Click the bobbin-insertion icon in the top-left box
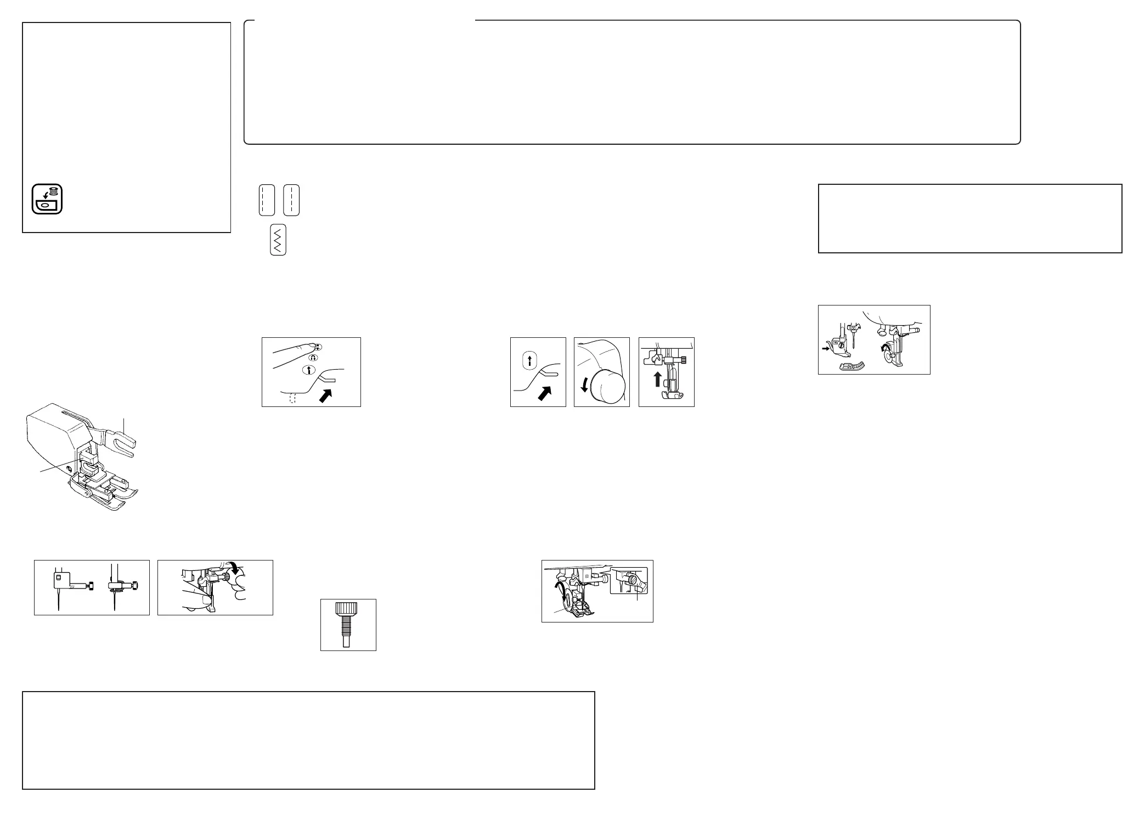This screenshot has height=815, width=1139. [47, 199]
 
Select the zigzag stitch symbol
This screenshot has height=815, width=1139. [278, 240]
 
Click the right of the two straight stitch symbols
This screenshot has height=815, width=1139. [291, 200]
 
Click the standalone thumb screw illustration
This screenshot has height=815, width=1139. [348, 625]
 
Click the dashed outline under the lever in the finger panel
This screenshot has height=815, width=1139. [292, 399]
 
